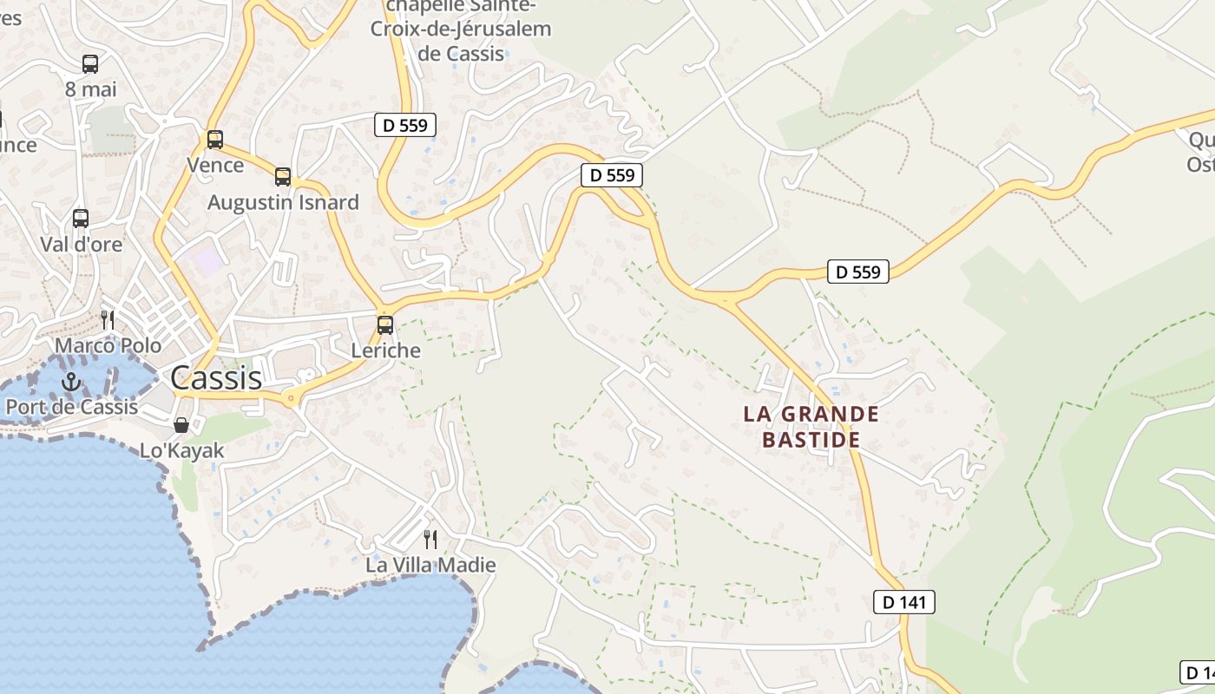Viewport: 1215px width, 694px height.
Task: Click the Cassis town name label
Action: pos(216,378)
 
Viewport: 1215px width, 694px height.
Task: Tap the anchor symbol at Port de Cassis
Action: pos(71,381)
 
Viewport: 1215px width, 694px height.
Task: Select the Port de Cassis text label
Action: pos(71,406)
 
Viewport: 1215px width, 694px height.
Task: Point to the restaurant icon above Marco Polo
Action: pos(108,320)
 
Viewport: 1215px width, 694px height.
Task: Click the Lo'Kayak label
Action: pos(182,450)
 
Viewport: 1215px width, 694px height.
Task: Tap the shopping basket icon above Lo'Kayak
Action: pos(181,424)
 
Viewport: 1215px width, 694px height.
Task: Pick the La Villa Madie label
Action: pos(430,565)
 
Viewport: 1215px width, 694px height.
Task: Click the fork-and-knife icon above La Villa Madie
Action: pos(430,540)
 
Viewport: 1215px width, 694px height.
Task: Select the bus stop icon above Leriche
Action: pos(385,325)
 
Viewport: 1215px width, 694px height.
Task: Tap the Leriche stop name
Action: pos(385,350)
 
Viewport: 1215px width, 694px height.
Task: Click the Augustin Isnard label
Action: pos(283,202)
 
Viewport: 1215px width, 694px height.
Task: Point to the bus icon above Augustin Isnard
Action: pos(283,177)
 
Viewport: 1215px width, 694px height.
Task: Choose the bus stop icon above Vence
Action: pos(215,139)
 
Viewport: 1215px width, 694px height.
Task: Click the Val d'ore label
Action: pos(82,244)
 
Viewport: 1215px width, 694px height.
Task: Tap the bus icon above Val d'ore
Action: pos(81,218)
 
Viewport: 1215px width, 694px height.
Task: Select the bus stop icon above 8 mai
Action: pos(90,63)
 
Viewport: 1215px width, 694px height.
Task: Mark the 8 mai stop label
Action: pos(90,88)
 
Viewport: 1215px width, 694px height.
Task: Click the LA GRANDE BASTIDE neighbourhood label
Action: pos(811,426)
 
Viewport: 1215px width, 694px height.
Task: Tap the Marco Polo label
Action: pos(108,345)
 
